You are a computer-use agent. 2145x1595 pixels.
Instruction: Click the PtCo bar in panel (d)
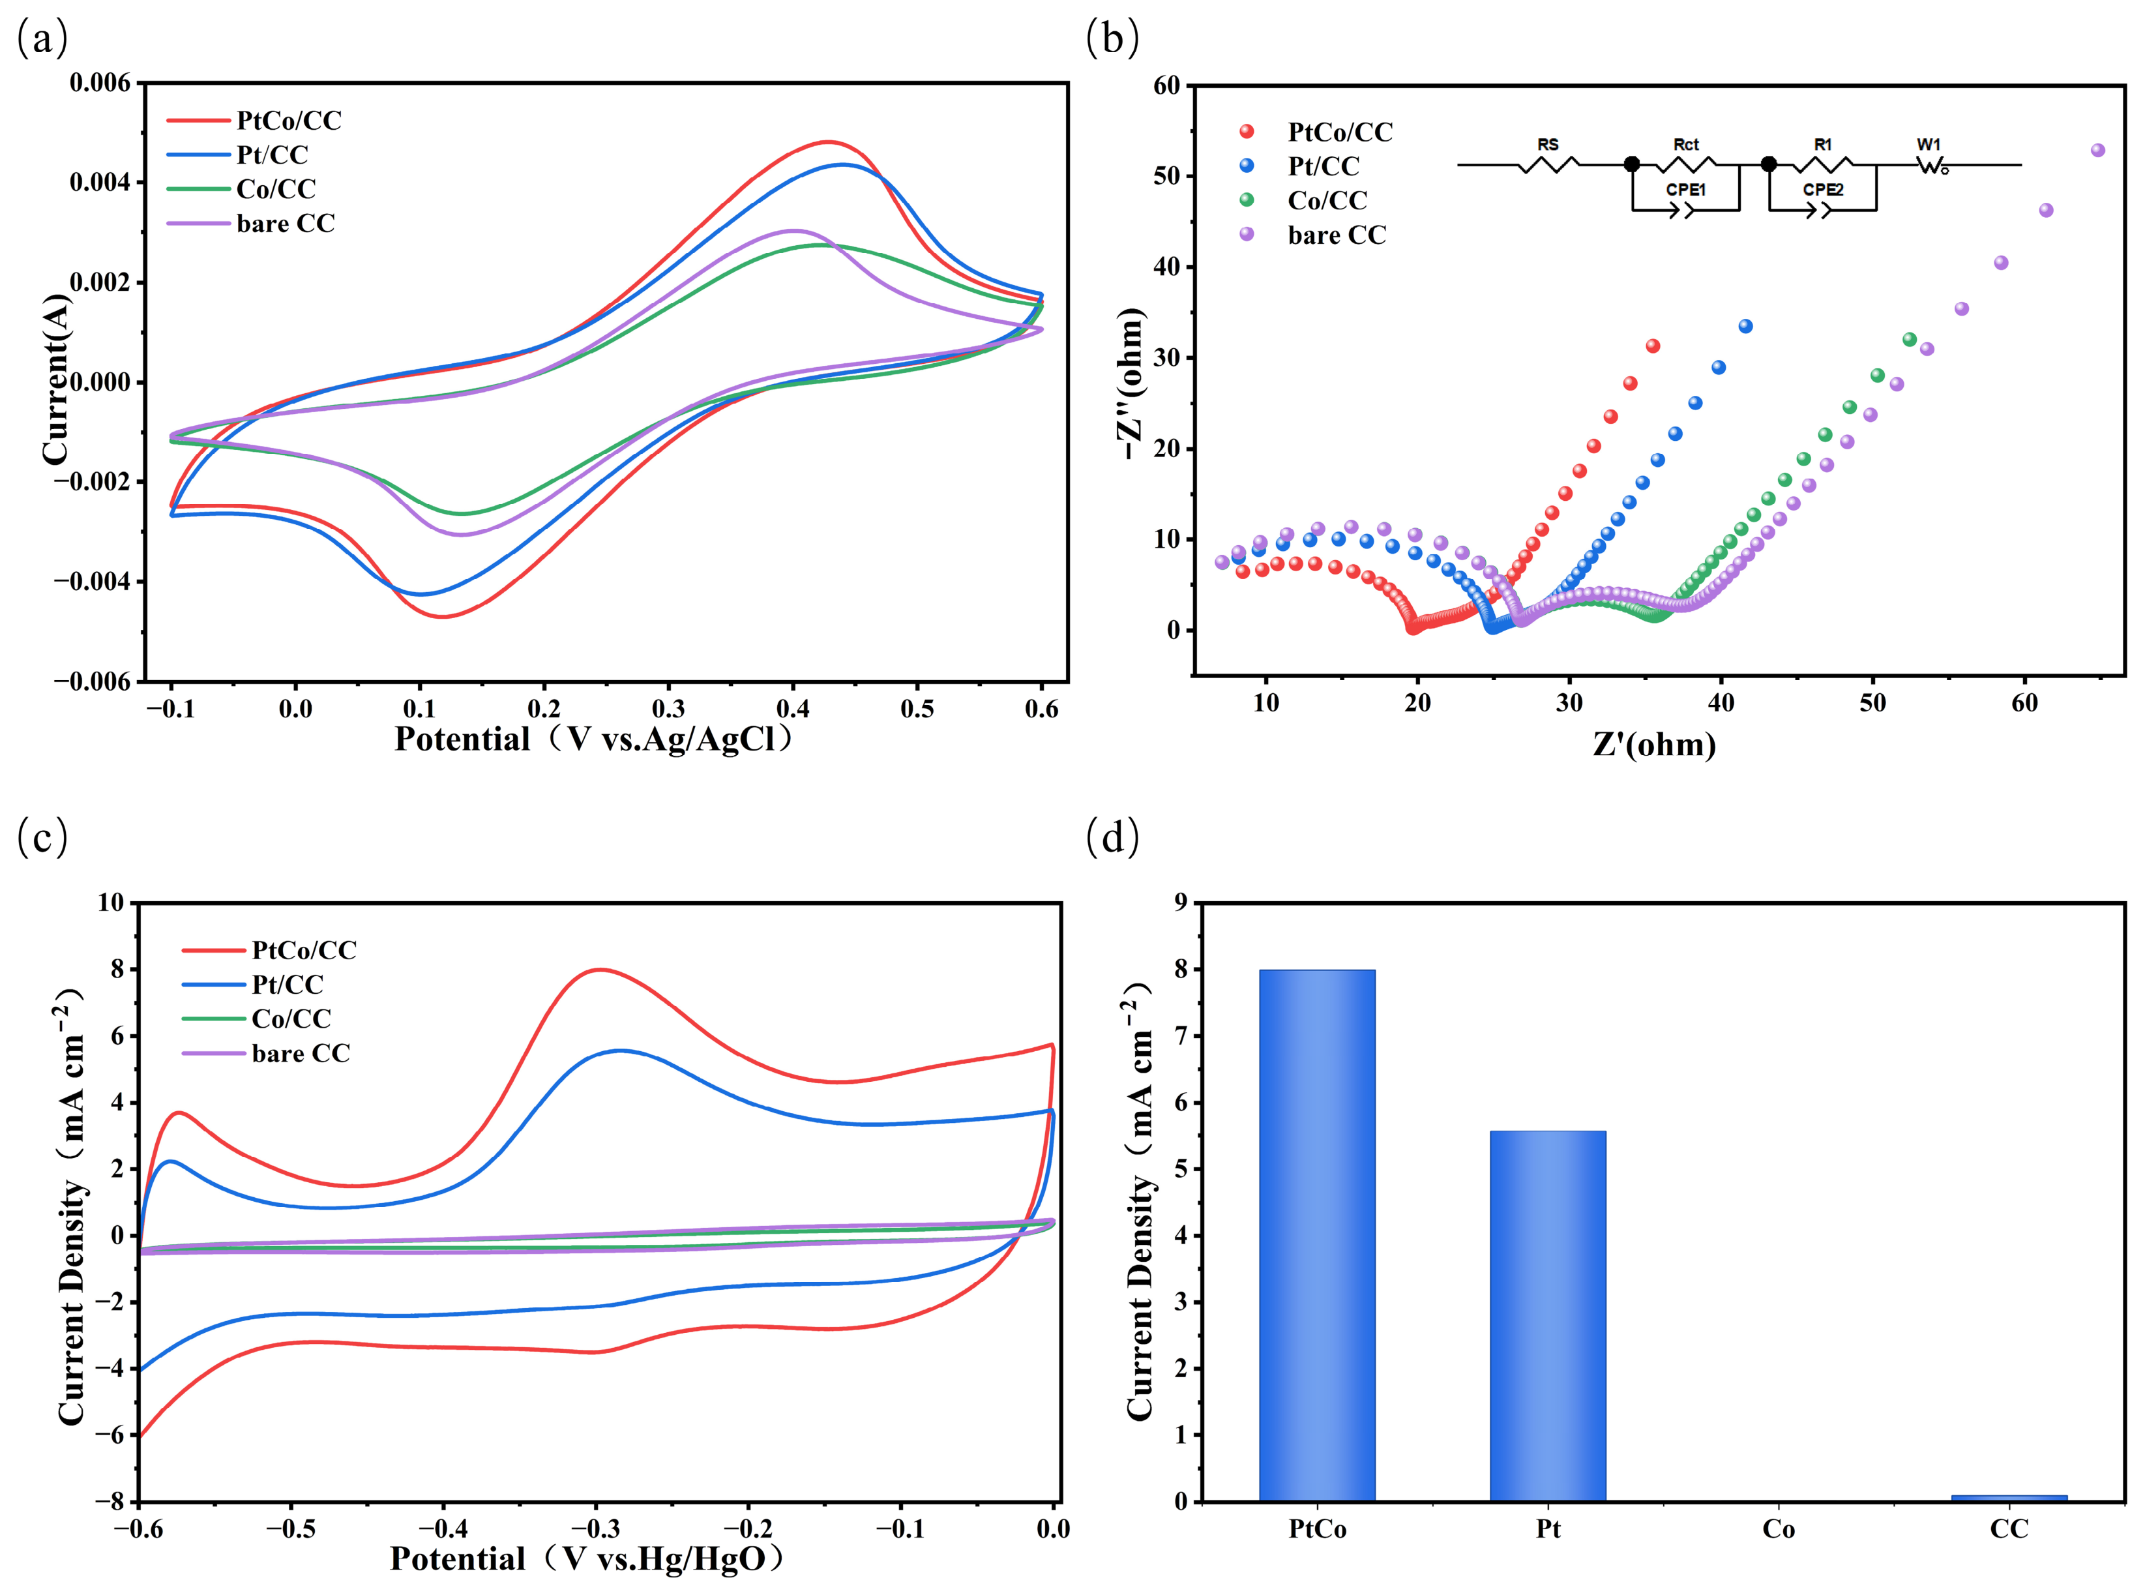(1317, 1235)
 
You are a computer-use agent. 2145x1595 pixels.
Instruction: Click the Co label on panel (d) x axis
(1778, 1529)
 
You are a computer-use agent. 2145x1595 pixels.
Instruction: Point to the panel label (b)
(1112, 38)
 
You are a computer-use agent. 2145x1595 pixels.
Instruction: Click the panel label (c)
(42, 837)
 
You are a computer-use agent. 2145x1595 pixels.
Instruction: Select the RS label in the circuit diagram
(1547, 144)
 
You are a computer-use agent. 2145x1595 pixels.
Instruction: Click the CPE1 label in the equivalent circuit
(1685, 190)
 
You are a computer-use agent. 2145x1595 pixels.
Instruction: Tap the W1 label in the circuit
(1929, 144)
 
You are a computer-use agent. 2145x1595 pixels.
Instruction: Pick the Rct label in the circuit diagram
(1685, 144)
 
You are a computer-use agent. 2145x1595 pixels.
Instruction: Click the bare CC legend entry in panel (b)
(1313, 235)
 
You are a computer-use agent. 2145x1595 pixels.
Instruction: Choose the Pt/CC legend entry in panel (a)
(237, 155)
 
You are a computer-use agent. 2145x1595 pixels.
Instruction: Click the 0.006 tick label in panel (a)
(100, 83)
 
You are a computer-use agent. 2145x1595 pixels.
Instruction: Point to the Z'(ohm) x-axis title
(1653, 745)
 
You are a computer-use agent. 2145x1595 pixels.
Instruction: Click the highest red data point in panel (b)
(1653, 346)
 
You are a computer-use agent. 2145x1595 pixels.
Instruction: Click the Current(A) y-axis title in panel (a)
(57, 380)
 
